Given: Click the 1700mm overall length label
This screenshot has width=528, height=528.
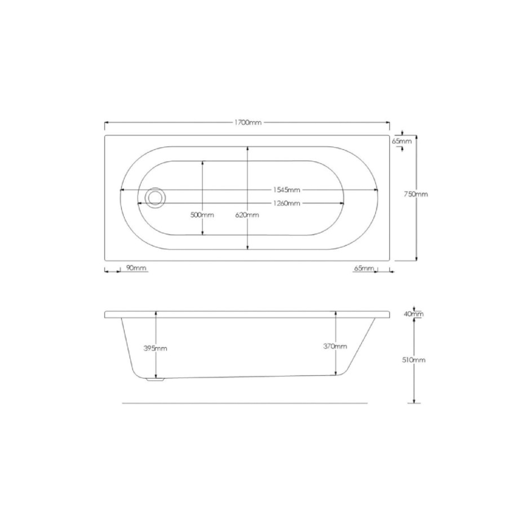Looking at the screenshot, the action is point(248,122).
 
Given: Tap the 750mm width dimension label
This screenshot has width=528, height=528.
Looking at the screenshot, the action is point(416,194).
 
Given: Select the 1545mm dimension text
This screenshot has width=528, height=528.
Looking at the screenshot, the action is point(287,190).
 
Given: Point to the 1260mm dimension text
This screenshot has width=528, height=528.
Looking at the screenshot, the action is point(287,203).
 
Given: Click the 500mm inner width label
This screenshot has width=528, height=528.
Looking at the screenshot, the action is point(202,215).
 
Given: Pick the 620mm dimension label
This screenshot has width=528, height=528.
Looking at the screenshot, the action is point(247,215).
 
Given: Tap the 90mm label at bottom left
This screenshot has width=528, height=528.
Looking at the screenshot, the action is point(136,268).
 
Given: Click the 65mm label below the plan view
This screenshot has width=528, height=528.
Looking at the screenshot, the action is point(364,268).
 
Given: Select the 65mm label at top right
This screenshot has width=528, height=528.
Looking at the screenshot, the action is point(402,141).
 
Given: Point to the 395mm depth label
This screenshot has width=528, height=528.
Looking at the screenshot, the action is point(156,348).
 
